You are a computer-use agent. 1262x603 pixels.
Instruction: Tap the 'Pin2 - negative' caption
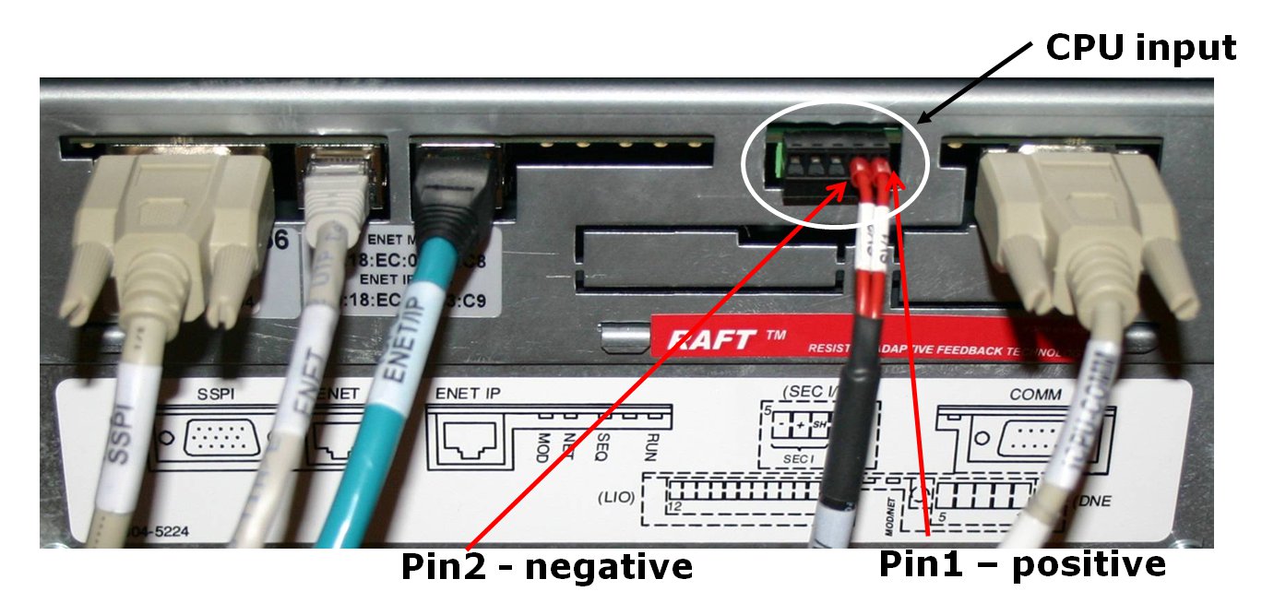click(546, 566)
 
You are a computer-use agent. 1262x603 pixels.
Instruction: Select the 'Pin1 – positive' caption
click(1022, 563)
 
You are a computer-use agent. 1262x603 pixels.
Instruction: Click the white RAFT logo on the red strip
click(719, 337)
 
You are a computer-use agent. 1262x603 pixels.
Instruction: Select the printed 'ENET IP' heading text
click(472, 395)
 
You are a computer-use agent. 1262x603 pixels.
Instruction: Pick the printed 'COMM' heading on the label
click(1035, 395)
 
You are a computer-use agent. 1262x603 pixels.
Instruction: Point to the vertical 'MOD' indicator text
click(543, 447)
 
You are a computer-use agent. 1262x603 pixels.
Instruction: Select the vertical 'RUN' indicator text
click(651, 447)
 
